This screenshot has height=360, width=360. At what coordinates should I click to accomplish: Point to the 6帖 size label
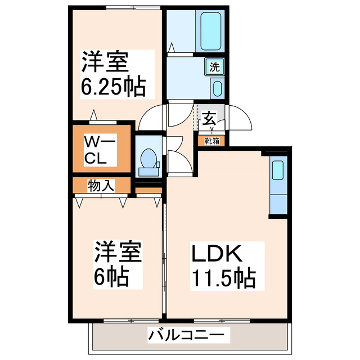click(111, 276)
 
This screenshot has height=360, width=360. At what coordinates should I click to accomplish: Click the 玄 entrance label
click(210, 119)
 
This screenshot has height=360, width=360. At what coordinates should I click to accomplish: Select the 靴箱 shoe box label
click(212, 141)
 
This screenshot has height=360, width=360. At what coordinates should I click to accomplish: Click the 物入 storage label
click(101, 185)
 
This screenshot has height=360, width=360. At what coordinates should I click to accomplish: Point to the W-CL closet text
click(100, 148)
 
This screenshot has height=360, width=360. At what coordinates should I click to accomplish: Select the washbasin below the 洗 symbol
click(217, 88)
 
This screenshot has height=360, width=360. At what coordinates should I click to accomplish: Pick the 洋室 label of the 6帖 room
click(117, 251)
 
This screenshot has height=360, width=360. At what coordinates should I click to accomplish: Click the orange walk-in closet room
click(100, 149)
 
